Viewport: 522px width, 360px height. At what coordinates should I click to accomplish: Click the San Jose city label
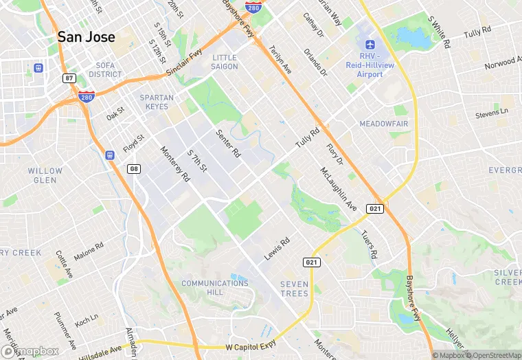[x=86, y=37]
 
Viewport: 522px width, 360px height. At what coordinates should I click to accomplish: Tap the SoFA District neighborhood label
[x=105, y=69]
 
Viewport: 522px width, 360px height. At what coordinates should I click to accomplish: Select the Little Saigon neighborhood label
[x=225, y=62]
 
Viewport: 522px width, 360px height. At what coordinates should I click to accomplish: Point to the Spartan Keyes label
[x=157, y=102]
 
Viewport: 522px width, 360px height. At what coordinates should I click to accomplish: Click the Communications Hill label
[x=215, y=287]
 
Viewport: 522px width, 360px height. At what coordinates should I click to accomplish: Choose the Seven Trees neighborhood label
[x=295, y=289]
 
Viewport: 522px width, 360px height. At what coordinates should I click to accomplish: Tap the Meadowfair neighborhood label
[x=383, y=124]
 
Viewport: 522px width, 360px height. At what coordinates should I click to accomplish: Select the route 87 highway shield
[x=69, y=78]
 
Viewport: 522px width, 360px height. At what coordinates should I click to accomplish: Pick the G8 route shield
[x=135, y=168]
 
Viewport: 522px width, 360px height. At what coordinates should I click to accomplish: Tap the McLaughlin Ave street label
[x=339, y=189]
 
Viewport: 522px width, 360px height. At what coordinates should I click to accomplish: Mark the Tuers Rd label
[x=369, y=244]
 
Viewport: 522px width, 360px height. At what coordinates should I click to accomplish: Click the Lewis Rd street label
[x=277, y=249]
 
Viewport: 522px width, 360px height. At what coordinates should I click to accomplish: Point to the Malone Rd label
[x=89, y=251]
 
